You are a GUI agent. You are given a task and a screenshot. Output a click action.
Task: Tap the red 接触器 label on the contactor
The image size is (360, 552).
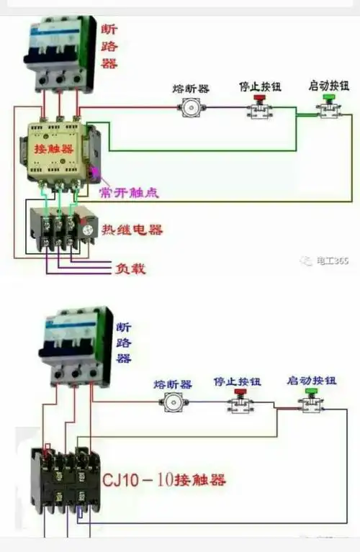click(x=53, y=149)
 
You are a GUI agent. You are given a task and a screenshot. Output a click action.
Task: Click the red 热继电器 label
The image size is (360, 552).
click(x=132, y=230)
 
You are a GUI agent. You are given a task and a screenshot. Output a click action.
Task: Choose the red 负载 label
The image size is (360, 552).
click(x=130, y=268)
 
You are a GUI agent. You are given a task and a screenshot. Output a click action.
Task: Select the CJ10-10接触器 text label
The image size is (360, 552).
click(x=164, y=479)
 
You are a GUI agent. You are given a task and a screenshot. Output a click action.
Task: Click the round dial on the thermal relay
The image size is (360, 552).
click(x=89, y=230)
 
